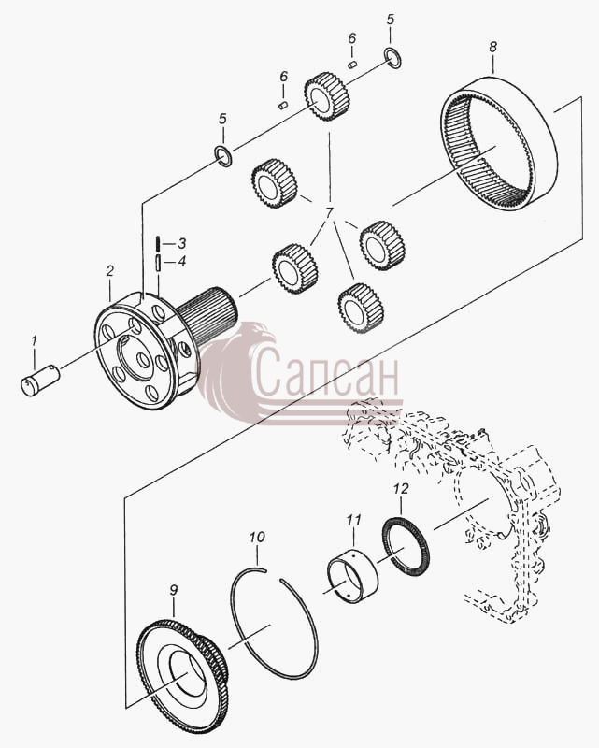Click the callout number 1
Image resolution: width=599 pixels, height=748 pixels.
tap(34, 340)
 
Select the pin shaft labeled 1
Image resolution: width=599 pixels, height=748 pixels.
tap(40, 381)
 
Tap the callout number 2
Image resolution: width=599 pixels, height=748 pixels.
tap(110, 271)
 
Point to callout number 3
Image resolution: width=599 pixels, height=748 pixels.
tap(181, 244)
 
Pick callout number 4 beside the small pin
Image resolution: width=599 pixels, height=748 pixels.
tap(181, 262)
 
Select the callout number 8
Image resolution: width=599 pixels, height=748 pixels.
tap(492, 47)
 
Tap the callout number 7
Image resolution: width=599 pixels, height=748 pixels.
tap(330, 212)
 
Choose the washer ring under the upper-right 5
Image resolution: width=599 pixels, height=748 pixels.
tap(393, 58)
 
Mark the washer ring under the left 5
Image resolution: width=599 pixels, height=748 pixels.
tap(223, 155)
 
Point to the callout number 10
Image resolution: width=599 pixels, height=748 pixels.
tap(257, 537)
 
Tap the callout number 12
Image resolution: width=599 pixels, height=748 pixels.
tap(401, 488)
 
